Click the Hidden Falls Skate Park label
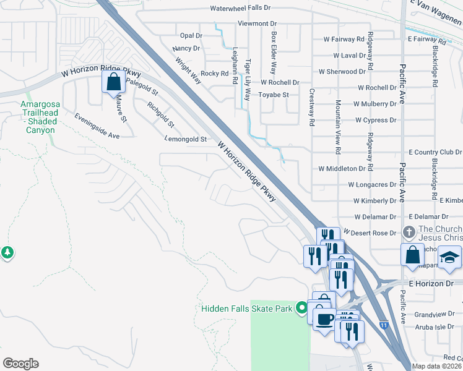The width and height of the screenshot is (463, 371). [x=246, y=308]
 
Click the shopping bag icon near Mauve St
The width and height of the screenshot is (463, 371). [x=113, y=82]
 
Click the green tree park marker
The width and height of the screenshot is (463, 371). [x=7, y=252]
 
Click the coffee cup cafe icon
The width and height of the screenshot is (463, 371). [x=324, y=319]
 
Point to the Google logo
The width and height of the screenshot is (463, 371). [x=20, y=363]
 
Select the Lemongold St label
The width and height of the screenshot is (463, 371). [x=186, y=140]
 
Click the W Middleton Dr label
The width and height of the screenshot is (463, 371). [x=342, y=168]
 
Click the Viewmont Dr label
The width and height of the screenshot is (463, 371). [x=257, y=23]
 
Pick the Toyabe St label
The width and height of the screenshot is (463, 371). [x=274, y=95]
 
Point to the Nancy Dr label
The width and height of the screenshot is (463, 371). [x=187, y=48]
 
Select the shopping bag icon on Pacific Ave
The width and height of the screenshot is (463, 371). [x=412, y=254]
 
